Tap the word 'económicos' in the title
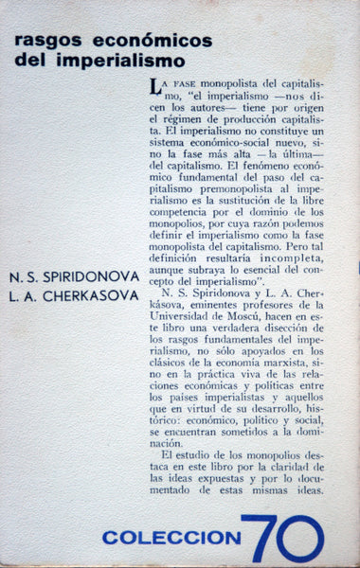127,45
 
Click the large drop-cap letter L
153,87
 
